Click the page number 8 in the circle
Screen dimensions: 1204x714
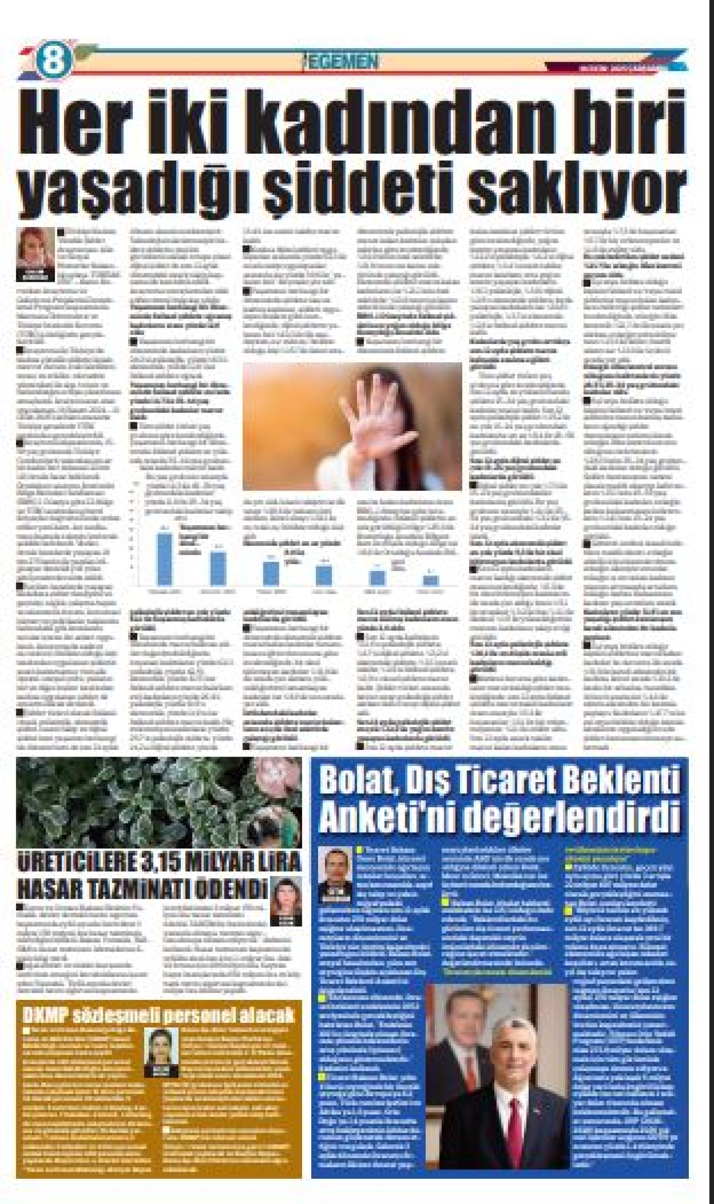[x=53, y=61]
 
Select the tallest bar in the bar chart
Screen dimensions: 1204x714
[x=165, y=558]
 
